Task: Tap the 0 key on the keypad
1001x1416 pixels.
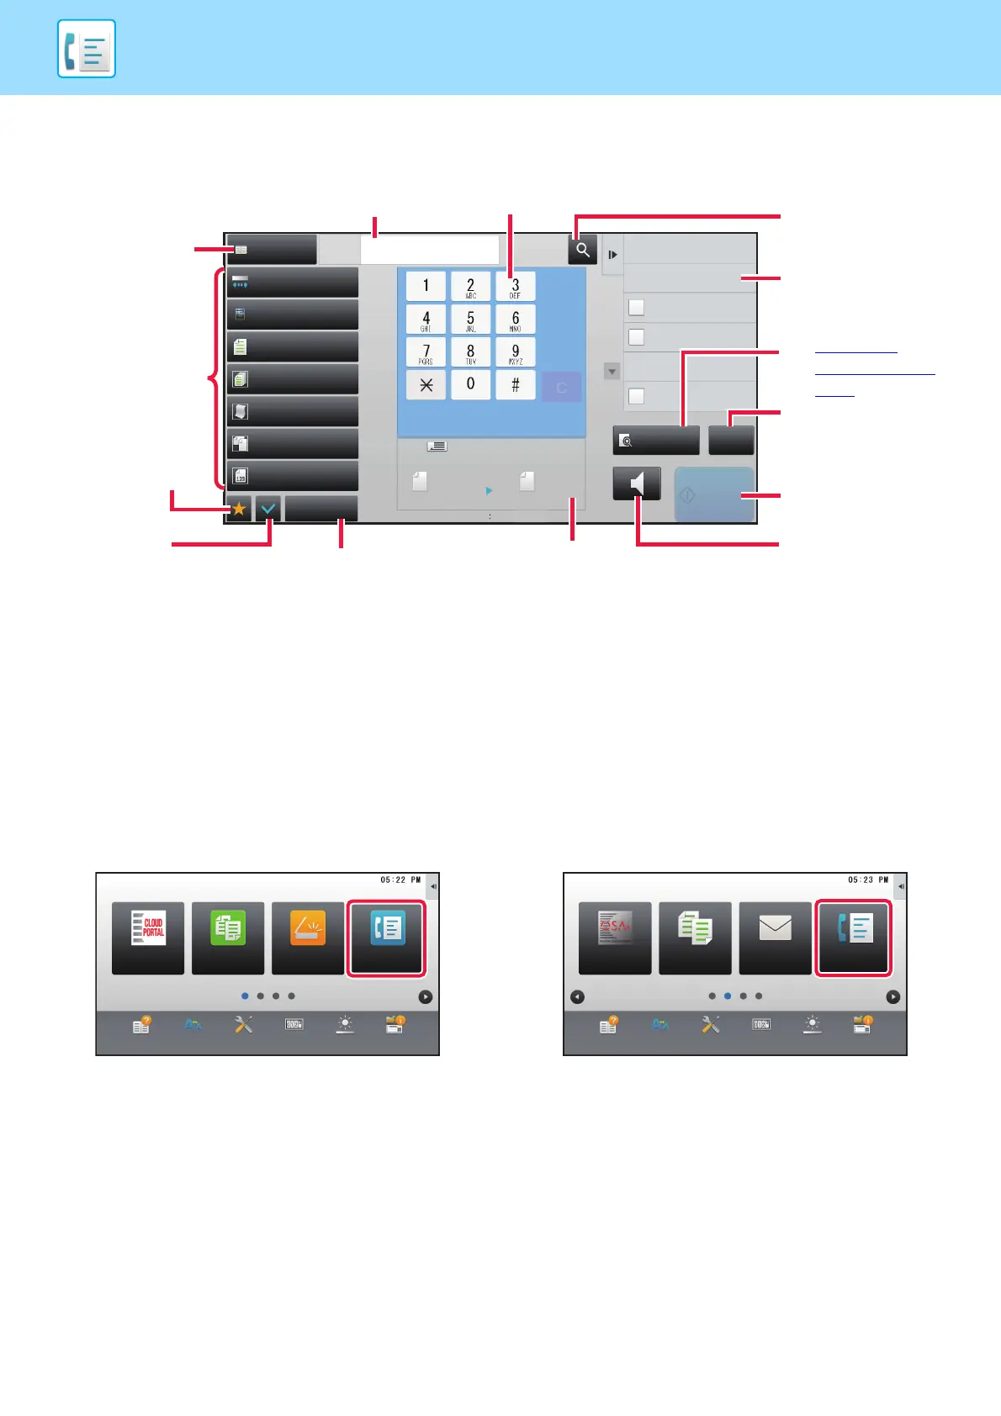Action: click(470, 385)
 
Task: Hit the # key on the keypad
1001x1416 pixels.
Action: click(515, 385)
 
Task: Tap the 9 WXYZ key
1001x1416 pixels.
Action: click(515, 352)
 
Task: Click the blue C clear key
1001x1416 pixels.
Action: click(561, 387)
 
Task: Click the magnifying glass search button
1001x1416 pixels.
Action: click(582, 250)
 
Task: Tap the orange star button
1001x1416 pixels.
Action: click(239, 509)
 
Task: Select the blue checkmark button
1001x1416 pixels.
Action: click(268, 509)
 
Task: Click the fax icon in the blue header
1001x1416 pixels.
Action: click(87, 49)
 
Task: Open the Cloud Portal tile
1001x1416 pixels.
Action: click(148, 937)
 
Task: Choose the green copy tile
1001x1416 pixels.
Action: click(228, 937)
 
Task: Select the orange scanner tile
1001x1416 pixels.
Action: click(308, 937)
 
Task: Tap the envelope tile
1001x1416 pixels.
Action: click(775, 937)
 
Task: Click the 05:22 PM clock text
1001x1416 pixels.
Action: click(400, 880)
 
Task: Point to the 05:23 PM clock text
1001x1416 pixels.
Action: click(868, 880)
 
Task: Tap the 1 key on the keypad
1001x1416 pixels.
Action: click(426, 286)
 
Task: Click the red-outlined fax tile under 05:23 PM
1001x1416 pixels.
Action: click(854, 937)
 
